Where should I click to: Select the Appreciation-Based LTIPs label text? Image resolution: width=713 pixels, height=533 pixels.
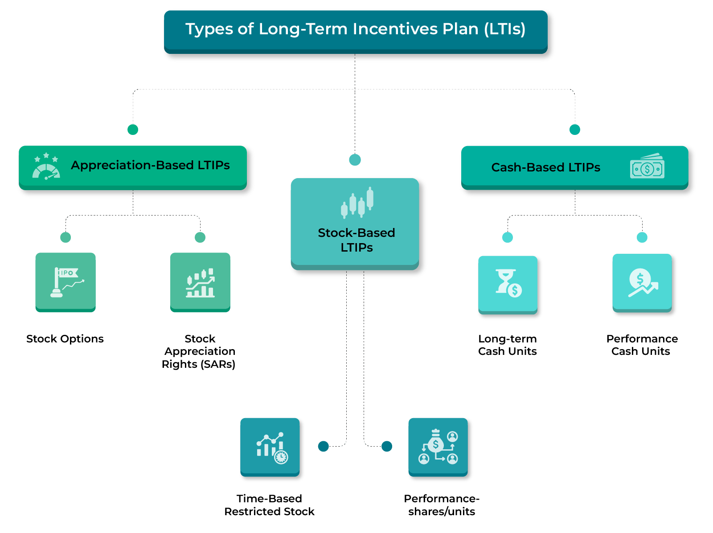point(150,165)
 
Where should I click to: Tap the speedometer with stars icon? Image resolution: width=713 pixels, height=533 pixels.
point(46,167)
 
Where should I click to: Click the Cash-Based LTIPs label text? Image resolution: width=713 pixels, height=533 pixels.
point(545,167)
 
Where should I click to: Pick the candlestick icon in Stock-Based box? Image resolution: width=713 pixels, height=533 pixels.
point(356,203)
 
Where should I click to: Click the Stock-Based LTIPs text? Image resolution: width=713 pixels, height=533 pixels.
point(356,240)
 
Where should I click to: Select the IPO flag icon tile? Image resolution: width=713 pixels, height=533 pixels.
point(66,282)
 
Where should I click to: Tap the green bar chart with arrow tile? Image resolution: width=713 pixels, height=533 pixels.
point(200,282)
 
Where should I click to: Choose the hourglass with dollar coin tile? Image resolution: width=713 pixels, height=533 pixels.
point(508,284)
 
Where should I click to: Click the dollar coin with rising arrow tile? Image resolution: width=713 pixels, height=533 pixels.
point(642,283)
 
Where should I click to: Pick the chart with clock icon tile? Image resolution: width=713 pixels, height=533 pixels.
point(270,447)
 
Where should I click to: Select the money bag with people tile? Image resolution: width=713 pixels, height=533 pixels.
point(438,447)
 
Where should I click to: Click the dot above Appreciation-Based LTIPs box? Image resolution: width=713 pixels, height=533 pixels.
point(133,130)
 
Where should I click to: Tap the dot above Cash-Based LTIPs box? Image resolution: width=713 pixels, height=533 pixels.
point(575,130)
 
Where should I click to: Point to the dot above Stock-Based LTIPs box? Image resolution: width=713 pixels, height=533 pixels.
point(355,160)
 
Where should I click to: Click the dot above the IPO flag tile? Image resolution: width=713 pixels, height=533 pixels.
point(66,237)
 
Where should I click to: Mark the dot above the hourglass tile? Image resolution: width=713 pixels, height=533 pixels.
point(508,237)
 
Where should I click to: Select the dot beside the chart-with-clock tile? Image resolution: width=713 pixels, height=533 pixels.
point(324,446)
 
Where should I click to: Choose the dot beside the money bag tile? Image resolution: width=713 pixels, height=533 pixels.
point(387,446)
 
